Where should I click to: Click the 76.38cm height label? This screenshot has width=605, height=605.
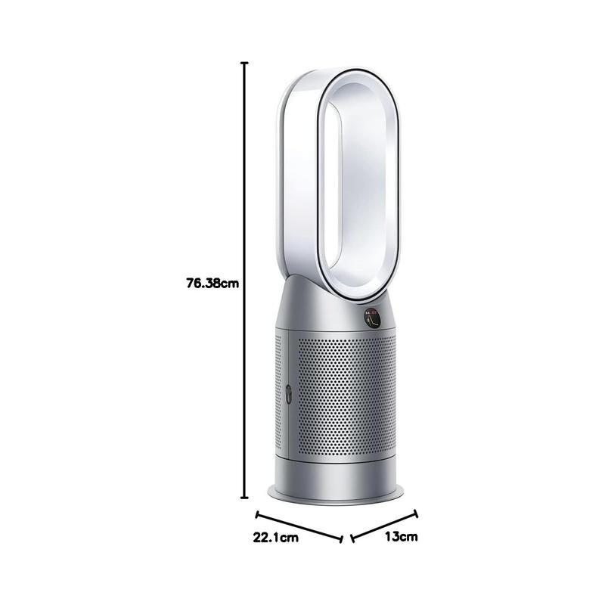pyautogui.click(x=213, y=284)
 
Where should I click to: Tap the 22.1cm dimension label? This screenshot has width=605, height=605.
pyautogui.click(x=275, y=538)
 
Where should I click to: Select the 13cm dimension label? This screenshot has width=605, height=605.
pyautogui.click(x=402, y=536)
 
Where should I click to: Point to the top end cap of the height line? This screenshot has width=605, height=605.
pyautogui.click(x=244, y=63)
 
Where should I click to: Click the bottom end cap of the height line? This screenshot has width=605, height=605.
pyautogui.click(x=244, y=498)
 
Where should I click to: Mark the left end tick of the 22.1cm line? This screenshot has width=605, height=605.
pyautogui.click(x=257, y=515)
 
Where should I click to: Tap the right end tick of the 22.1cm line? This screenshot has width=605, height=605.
pyautogui.click(x=341, y=539)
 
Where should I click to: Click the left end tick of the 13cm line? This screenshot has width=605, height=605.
pyautogui.click(x=352, y=538)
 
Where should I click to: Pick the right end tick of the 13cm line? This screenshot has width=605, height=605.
pyautogui.click(x=415, y=513)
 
